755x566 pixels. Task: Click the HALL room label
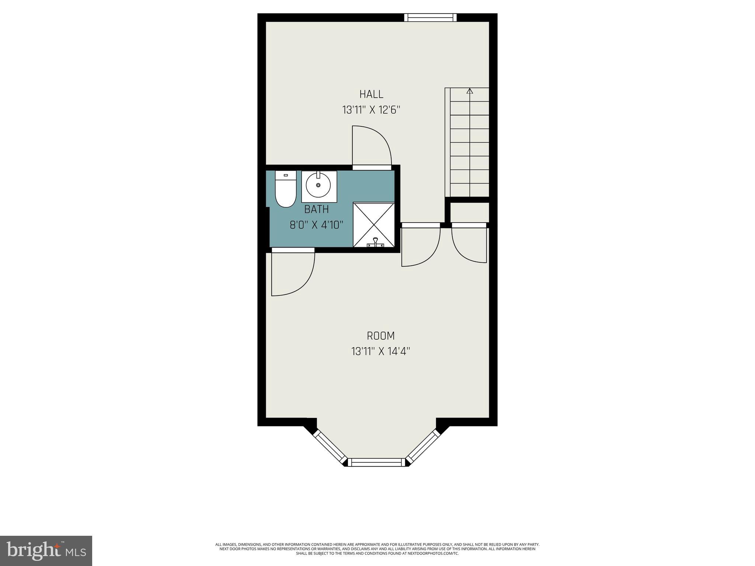(x=371, y=94)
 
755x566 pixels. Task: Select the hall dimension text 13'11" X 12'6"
(x=371, y=110)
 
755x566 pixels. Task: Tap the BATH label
(x=316, y=210)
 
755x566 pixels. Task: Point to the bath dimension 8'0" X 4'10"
(x=316, y=225)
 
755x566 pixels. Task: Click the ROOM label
(x=380, y=336)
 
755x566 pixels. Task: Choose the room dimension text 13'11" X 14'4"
(x=380, y=352)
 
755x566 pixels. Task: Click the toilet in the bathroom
(x=286, y=189)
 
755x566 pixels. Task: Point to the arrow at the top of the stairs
(x=469, y=91)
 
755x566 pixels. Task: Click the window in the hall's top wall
(x=430, y=17)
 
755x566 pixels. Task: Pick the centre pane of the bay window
(x=376, y=462)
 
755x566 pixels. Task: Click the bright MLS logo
(x=46, y=551)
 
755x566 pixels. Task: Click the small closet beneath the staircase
(x=469, y=212)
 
